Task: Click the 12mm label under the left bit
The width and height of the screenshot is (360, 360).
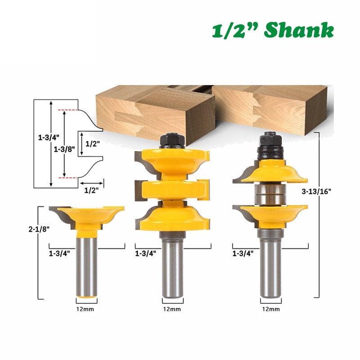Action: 86,309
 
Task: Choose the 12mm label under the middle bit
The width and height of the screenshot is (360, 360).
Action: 172,309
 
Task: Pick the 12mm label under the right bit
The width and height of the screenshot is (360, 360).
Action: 270,309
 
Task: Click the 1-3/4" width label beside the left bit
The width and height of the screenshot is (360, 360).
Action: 59,253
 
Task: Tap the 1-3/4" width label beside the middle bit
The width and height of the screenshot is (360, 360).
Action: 146,253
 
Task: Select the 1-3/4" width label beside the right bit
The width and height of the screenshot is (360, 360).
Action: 243,253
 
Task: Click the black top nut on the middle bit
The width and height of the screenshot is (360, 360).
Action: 172,140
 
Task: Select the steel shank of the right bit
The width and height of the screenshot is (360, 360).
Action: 270,265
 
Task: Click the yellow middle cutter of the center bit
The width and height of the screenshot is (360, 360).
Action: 172,189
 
